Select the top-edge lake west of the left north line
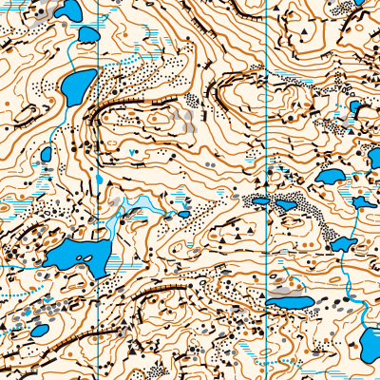click(66, 11)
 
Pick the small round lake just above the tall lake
click(88, 36)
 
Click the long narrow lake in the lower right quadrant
click(291, 303)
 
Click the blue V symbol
click(130, 153)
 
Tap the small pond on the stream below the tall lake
click(46, 155)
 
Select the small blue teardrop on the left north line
click(99, 178)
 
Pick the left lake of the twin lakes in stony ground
click(259, 200)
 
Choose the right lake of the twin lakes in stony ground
click(284, 203)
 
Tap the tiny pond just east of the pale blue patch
click(184, 214)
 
